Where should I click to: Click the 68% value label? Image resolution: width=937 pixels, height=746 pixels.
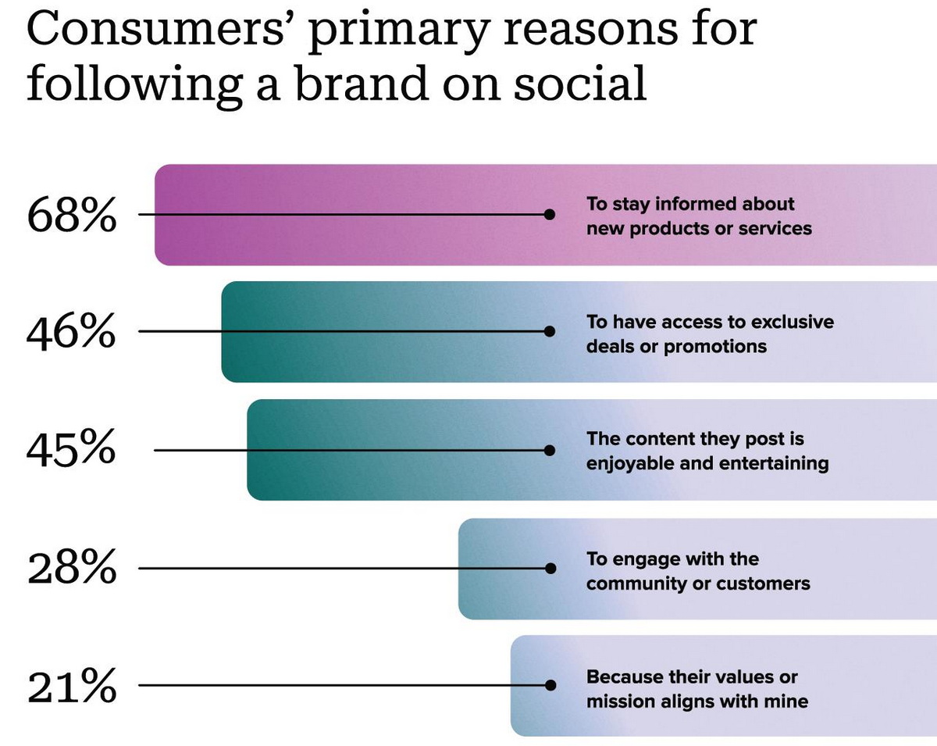point(71,215)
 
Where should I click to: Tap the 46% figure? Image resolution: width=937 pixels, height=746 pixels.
point(71,333)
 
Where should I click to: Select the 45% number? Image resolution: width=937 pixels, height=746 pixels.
point(71,451)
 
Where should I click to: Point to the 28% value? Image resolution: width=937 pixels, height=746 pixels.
point(71,569)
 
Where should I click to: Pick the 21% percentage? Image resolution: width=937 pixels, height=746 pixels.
point(71,687)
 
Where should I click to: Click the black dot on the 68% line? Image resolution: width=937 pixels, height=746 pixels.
point(550,214)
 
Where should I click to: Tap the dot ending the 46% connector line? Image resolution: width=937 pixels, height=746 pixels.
point(550,331)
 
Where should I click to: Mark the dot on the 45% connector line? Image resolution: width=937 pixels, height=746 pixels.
point(550,451)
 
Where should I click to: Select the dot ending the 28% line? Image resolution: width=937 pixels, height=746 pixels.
point(550,569)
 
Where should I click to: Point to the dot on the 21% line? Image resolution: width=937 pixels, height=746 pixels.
point(550,686)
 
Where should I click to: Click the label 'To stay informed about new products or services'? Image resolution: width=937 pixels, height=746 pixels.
point(699,216)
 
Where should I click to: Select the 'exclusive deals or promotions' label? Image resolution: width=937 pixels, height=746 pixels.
point(710,334)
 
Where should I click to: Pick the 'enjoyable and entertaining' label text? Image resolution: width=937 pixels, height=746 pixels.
point(707,452)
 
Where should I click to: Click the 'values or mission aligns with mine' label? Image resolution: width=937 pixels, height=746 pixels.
point(697,689)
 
